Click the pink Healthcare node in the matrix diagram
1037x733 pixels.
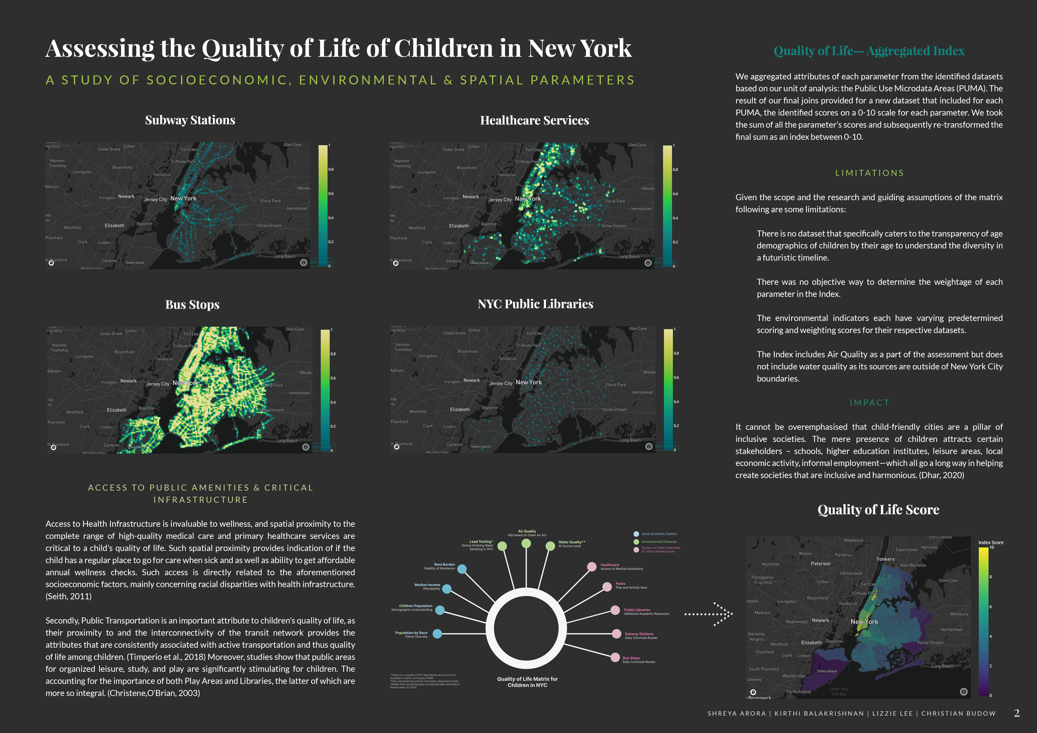pyautogui.click(x=592, y=566)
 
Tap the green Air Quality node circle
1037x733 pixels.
pyautogui.click(x=526, y=543)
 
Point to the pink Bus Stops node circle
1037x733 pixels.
pyautogui.click(x=615, y=658)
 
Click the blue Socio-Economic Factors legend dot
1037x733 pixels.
pyautogui.click(x=636, y=534)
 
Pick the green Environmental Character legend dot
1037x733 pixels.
pyautogui.click(x=636, y=542)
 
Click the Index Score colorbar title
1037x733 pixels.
pyautogui.click(x=991, y=542)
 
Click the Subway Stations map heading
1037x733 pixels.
pyautogui.click(x=190, y=120)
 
